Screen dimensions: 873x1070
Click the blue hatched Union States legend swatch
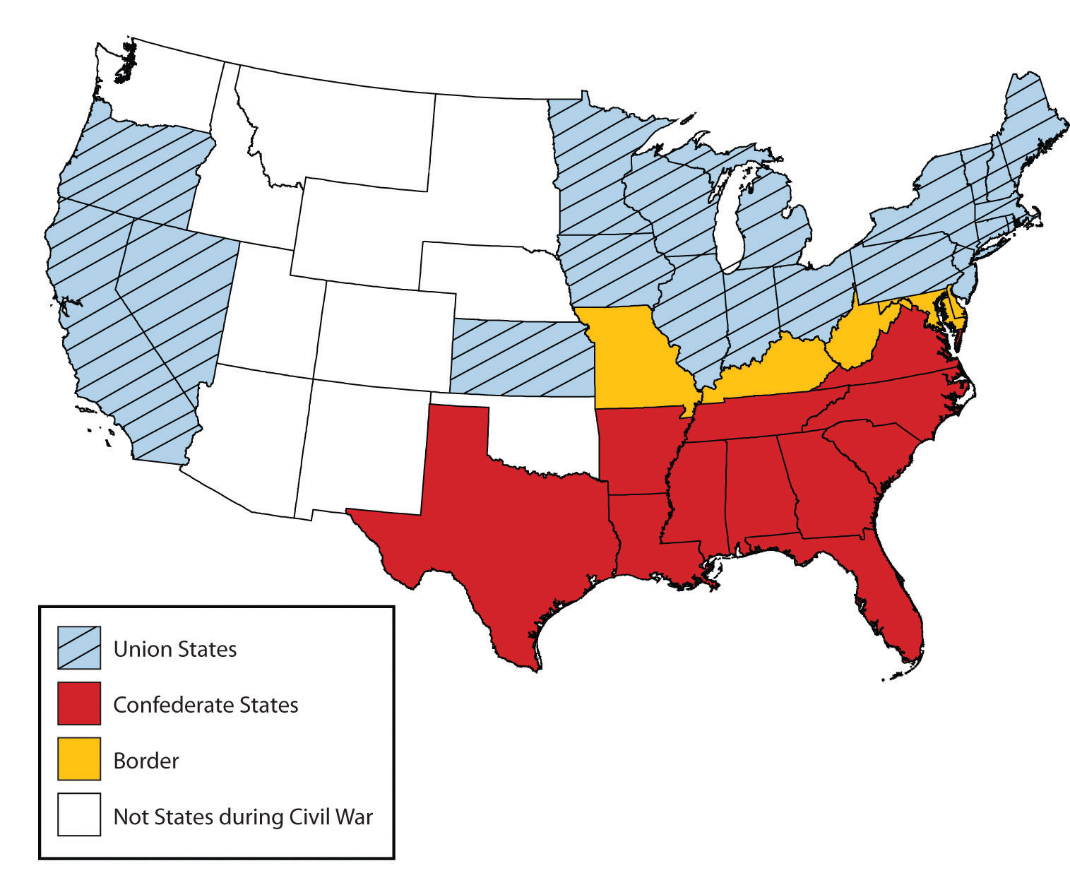point(79,648)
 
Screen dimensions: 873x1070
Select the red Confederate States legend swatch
point(79,703)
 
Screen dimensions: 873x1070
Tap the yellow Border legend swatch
point(79,759)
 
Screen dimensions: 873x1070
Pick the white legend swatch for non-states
point(79,815)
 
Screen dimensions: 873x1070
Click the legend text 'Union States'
point(175,649)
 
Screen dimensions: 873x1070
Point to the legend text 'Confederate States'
point(206,705)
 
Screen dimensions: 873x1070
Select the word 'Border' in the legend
point(146,761)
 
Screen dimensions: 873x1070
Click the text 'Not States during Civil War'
point(243,816)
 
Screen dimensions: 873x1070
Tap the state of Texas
point(494,537)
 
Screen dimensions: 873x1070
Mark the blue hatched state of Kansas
point(523,357)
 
